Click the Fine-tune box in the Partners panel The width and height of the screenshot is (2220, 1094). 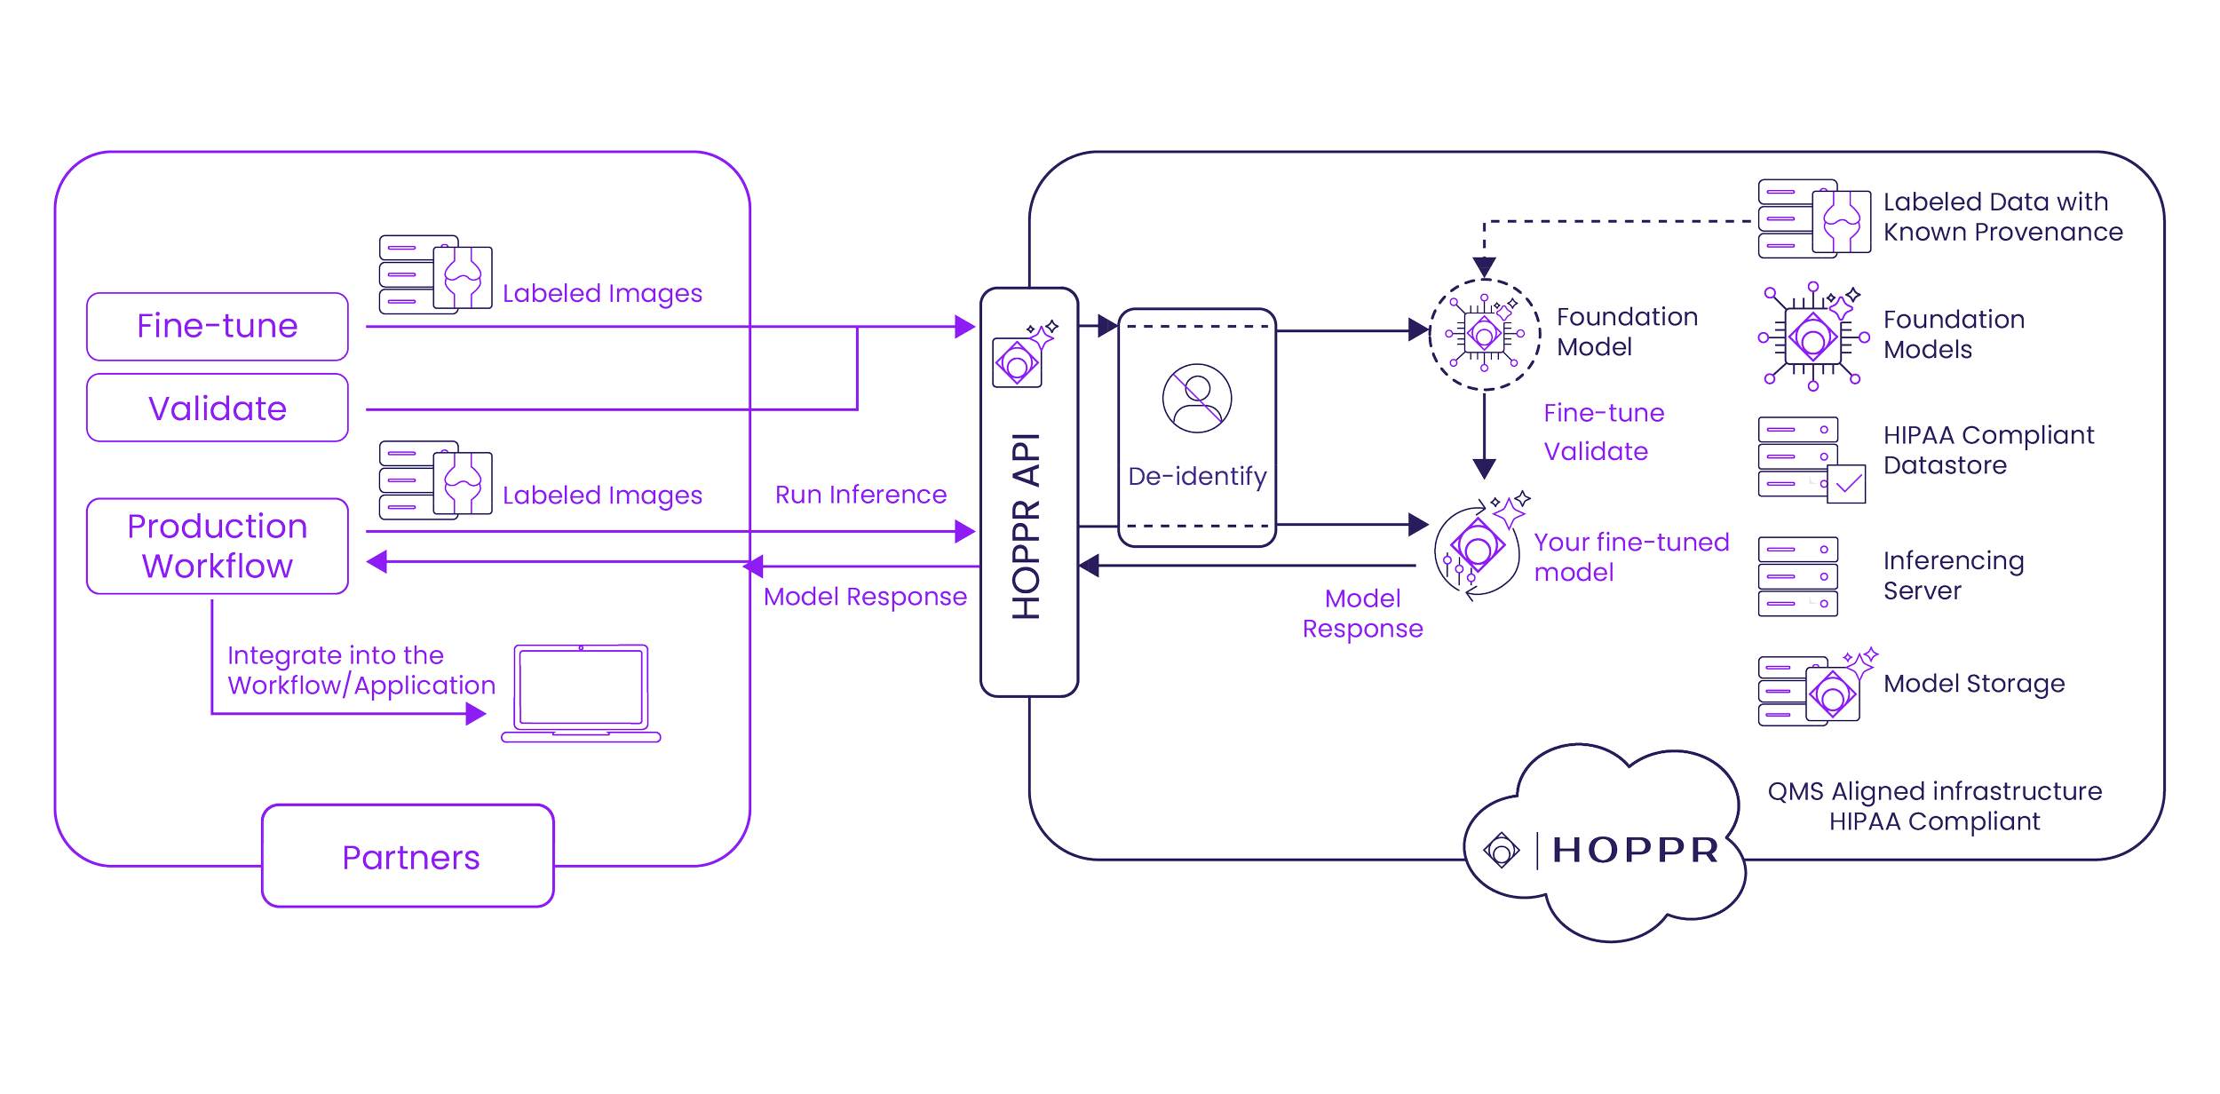(x=217, y=326)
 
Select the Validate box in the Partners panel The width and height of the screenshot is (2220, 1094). (x=217, y=408)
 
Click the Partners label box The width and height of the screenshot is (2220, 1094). (x=409, y=856)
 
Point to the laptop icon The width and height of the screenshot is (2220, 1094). (x=582, y=693)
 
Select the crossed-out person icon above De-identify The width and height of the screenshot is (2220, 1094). (x=1196, y=397)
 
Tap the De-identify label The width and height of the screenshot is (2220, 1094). (x=1196, y=477)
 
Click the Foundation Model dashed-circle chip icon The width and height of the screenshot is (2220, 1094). (x=1484, y=333)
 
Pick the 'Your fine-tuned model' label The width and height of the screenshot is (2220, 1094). (x=1631, y=557)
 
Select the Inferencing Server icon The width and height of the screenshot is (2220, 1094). (x=1797, y=575)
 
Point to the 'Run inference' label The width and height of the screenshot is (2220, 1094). (x=860, y=494)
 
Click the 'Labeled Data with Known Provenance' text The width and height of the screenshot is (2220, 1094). (x=2002, y=217)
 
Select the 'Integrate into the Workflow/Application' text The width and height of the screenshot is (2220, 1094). (x=361, y=670)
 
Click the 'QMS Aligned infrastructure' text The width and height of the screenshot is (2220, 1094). (x=1934, y=790)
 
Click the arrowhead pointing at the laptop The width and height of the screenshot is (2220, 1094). (x=477, y=713)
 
